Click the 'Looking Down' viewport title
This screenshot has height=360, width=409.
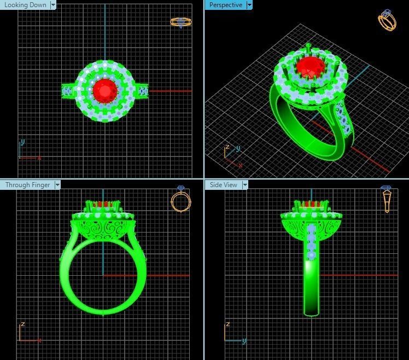coord(25,5)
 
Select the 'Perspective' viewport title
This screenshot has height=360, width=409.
coord(225,5)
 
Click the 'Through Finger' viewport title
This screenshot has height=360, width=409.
coord(27,185)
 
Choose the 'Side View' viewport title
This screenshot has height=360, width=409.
coord(224,185)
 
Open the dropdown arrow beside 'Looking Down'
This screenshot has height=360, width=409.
coord(53,5)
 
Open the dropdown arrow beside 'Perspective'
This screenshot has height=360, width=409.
coord(249,5)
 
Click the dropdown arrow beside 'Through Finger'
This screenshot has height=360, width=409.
coord(57,185)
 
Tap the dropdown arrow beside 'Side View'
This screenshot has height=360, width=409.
coord(245,185)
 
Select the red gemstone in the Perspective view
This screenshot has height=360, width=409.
coord(310,68)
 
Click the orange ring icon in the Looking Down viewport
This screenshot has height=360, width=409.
coord(180,22)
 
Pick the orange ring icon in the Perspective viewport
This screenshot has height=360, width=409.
coord(387,20)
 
